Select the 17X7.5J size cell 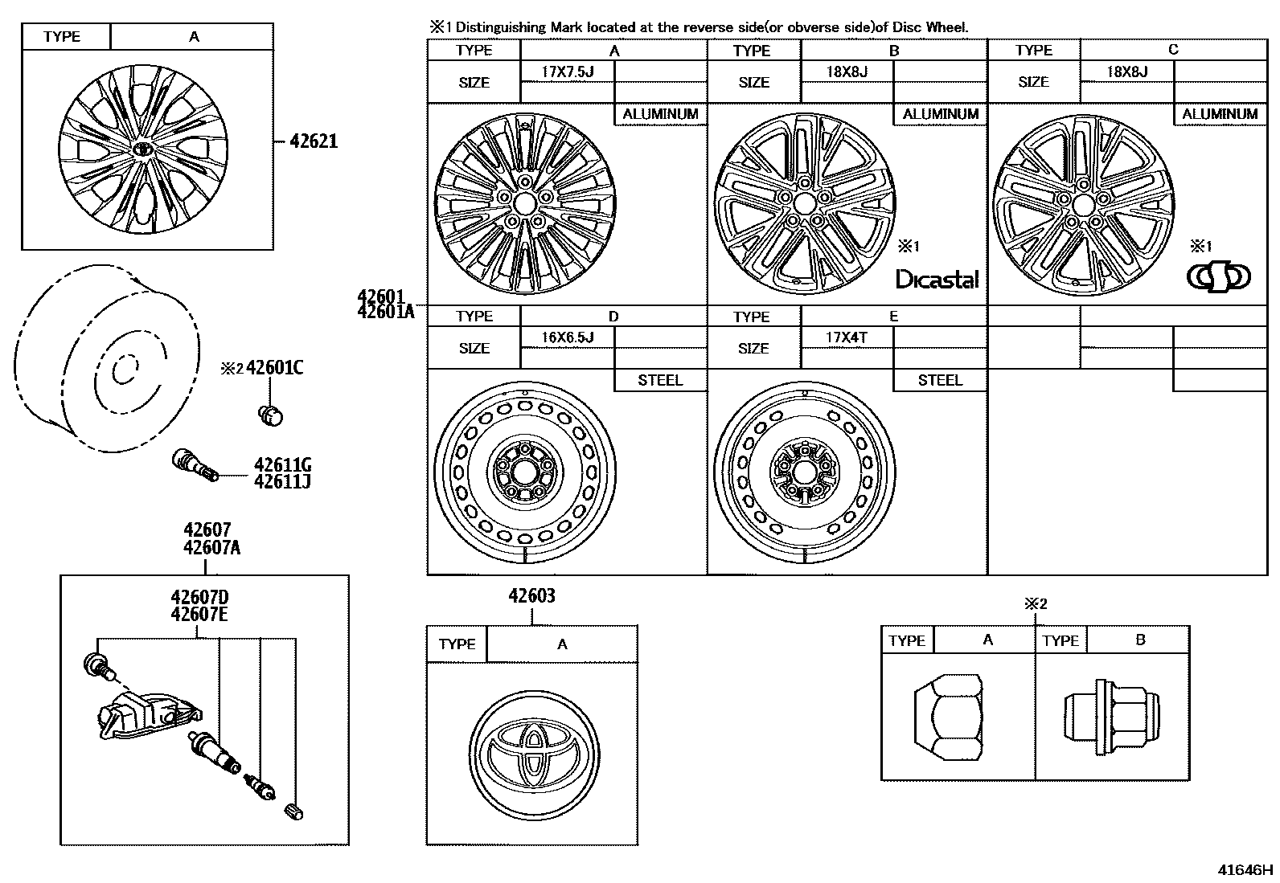coord(567,72)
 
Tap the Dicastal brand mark coord(937,279)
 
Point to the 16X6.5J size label coord(567,337)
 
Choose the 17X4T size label coord(846,337)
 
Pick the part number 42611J coord(282,481)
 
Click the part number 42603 coord(531,596)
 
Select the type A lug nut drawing coord(949,721)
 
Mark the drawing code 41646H coord(1245,869)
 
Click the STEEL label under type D coord(660,381)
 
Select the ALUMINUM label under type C coord(1219,114)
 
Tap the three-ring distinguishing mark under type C coord(1218,276)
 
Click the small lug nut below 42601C coord(271,415)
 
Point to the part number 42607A coord(211,548)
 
